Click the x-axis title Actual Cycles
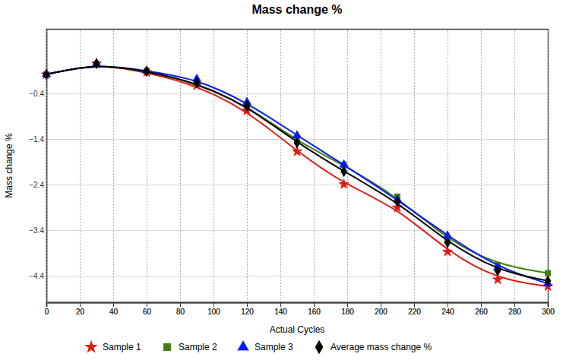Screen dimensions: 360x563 pyautogui.click(x=297, y=330)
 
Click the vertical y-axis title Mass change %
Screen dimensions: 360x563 pyautogui.click(x=10, y=166)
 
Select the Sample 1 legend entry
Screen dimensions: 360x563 pyautogui.click(x=113, y=347)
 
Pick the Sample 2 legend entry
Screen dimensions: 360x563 pyautogui.click(x=190, y=347)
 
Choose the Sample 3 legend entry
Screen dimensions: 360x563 pyautogui.click(x=265, y=347)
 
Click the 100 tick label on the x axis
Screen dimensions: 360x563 pyautogui.click(x=213, y=311)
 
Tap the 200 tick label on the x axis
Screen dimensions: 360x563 pyautogui.click(x=381, y=311)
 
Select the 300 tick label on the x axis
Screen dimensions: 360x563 pyautogui.click(x=548, y=311)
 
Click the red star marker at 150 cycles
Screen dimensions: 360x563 pyautogui.click(x=297, y=151)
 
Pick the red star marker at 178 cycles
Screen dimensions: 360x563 pyautogui.click(x=344, y=184)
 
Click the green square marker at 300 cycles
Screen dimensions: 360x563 pyautogui.click(x=548, y=273)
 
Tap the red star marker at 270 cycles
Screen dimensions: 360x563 pyautogui.click(x=498, y=279)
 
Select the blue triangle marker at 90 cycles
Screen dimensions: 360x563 pyautogui.click(x=197, y=80)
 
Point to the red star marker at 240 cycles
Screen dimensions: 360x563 pyautogui.click(x=448, y=251)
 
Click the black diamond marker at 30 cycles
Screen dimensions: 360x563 pyautogui.click(x=96, y=63)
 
